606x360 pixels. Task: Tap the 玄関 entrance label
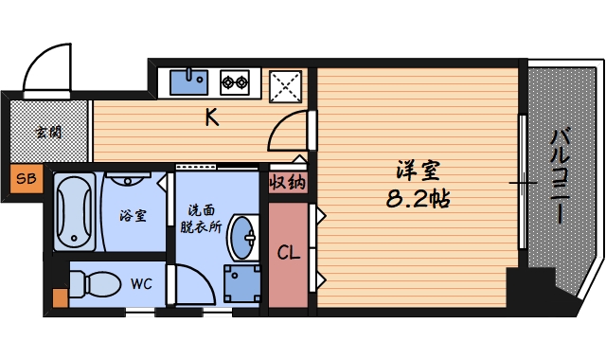(48, 132)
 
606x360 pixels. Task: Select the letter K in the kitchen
(213, 118)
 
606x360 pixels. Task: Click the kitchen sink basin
(189, 81)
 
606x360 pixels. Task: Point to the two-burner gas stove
(235, 82)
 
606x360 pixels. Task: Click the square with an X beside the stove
(286, 86)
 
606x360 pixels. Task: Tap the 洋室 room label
(419, 172)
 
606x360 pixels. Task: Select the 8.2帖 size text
(418, 200)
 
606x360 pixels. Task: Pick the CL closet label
(289, 253)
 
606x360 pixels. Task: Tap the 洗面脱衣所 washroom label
(201, 218)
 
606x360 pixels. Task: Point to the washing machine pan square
(241, 282)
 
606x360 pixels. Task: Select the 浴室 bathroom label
(133, 215)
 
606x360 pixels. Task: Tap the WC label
(141, 282)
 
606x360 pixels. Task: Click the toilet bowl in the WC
(95, 282)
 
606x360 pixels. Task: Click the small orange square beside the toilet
(61, 298)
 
